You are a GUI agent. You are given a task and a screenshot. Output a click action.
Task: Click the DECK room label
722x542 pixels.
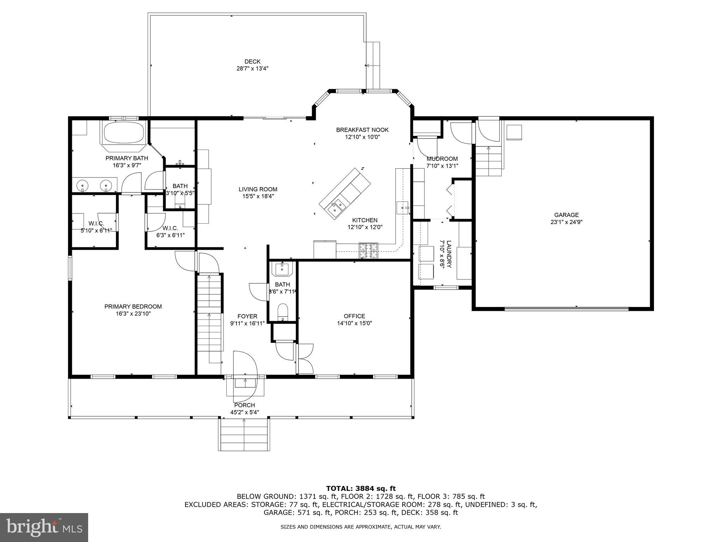click(252, 61)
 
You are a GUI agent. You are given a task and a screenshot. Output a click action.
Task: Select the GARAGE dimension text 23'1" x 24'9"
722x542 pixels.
click(566, 222)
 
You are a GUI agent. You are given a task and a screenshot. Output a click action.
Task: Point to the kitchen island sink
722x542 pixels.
click(335, 207)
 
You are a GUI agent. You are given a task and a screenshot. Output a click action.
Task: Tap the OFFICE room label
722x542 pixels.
click(354, 316)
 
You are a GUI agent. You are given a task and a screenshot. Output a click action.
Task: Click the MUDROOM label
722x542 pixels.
click(442, 159)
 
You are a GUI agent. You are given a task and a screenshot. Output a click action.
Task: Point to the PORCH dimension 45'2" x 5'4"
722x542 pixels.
click(244, 412)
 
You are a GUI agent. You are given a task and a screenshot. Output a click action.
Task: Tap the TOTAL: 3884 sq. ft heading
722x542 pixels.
click(361, 488)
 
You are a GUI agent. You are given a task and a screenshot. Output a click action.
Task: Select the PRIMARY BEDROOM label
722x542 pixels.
click(133, 306)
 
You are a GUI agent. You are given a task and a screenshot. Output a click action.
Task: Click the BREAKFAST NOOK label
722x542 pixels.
click(362, 130)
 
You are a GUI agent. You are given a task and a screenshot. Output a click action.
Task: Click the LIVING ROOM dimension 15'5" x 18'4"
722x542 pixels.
click(258, 196)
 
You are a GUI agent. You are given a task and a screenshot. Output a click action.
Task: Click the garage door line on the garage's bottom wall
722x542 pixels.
click(566, 309)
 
